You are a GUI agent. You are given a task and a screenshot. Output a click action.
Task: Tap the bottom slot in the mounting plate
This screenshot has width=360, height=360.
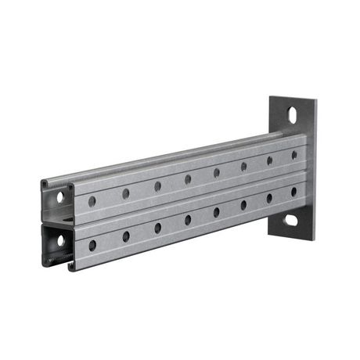pos(291,221)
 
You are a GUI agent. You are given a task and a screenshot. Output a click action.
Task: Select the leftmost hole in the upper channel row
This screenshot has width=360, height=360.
pos(92,202)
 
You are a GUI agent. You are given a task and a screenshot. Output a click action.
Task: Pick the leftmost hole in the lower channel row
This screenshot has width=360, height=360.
pos(92,246)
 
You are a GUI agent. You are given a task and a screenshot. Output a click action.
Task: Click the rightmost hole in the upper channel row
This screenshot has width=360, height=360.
pos(294,155)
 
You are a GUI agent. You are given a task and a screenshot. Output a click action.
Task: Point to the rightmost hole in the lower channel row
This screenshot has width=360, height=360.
pos(294,192)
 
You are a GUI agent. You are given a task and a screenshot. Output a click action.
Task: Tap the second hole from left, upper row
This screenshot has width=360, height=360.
pos(125,193)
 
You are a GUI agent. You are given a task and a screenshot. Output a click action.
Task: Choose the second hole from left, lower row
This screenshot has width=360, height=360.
pos(125,236)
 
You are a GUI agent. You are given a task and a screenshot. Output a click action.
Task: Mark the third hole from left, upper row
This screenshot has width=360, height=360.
pos(157,186)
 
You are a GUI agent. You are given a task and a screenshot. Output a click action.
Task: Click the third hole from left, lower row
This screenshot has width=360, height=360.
pos(157,228)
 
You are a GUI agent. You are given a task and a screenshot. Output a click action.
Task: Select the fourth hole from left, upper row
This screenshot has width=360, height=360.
pos(188,179)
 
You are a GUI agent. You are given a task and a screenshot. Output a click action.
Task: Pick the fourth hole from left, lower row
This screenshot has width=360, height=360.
pos(188,220)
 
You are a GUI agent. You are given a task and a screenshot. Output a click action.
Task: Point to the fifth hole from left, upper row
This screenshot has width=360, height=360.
pos(217,173)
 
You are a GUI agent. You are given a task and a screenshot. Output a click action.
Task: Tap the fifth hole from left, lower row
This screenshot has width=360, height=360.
pos(217,212)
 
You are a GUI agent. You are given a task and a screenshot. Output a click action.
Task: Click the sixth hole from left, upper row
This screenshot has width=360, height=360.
pos(243,167)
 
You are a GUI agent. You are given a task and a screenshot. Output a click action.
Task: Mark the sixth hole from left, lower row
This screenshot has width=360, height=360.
pos(243,205)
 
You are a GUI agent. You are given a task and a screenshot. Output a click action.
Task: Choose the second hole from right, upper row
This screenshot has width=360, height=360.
pos(269,160)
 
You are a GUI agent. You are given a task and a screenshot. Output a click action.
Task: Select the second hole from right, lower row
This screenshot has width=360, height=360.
pos(269,198)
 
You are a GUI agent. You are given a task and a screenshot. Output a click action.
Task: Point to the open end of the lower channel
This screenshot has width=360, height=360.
pos(57,243)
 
